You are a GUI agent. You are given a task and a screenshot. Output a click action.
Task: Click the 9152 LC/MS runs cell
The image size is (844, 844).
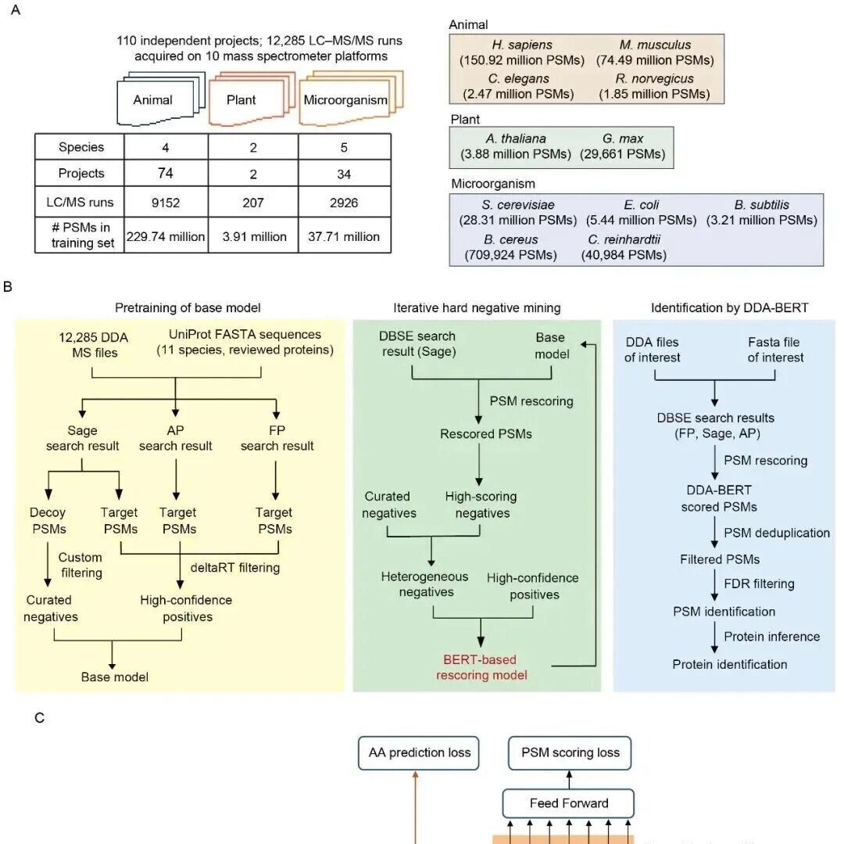(x=165, y=203)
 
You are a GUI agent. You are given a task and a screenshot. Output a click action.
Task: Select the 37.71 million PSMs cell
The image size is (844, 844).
(x=344, y=236)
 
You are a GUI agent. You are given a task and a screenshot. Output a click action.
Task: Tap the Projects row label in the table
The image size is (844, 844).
(x=80, y=174)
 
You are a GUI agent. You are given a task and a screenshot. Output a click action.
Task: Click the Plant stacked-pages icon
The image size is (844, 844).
(x=252, y=98)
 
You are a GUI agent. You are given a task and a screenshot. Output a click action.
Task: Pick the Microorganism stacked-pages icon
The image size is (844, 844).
(x=351, y=98)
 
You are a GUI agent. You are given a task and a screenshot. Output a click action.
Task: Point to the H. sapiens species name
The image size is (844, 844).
(x=521, y=45)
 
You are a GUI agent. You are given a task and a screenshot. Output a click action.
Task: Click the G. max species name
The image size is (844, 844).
(x=623, y=138)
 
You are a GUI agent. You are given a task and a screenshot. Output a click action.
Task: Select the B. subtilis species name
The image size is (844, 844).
(x=761, y=205)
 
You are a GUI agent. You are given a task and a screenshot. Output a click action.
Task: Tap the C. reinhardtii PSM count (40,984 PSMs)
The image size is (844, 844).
(x=624, y=255)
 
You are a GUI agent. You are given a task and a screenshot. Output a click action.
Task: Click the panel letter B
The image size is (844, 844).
(x=8, y=286)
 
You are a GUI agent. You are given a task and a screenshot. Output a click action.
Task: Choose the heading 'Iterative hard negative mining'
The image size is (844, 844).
(x=477, y=307)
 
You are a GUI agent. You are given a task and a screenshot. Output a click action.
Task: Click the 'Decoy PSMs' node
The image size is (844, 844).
(x=48, y=520)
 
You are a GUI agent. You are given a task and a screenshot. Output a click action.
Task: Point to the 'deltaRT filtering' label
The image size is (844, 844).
(x=235, y=568)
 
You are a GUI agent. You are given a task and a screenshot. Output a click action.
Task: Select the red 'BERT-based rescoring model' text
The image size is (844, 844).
(x=481, y=667)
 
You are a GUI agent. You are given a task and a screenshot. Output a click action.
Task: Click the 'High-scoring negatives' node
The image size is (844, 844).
(x=481, y=505)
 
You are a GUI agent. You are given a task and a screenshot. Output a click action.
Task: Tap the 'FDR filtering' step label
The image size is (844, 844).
(x=759, y=584)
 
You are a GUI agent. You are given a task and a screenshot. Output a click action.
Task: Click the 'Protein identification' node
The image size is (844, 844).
(x=729, y=664)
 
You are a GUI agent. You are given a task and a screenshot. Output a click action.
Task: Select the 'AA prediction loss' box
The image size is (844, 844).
(x=419, y=753)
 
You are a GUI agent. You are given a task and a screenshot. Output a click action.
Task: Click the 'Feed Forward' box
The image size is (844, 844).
(x=568, y=803)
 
